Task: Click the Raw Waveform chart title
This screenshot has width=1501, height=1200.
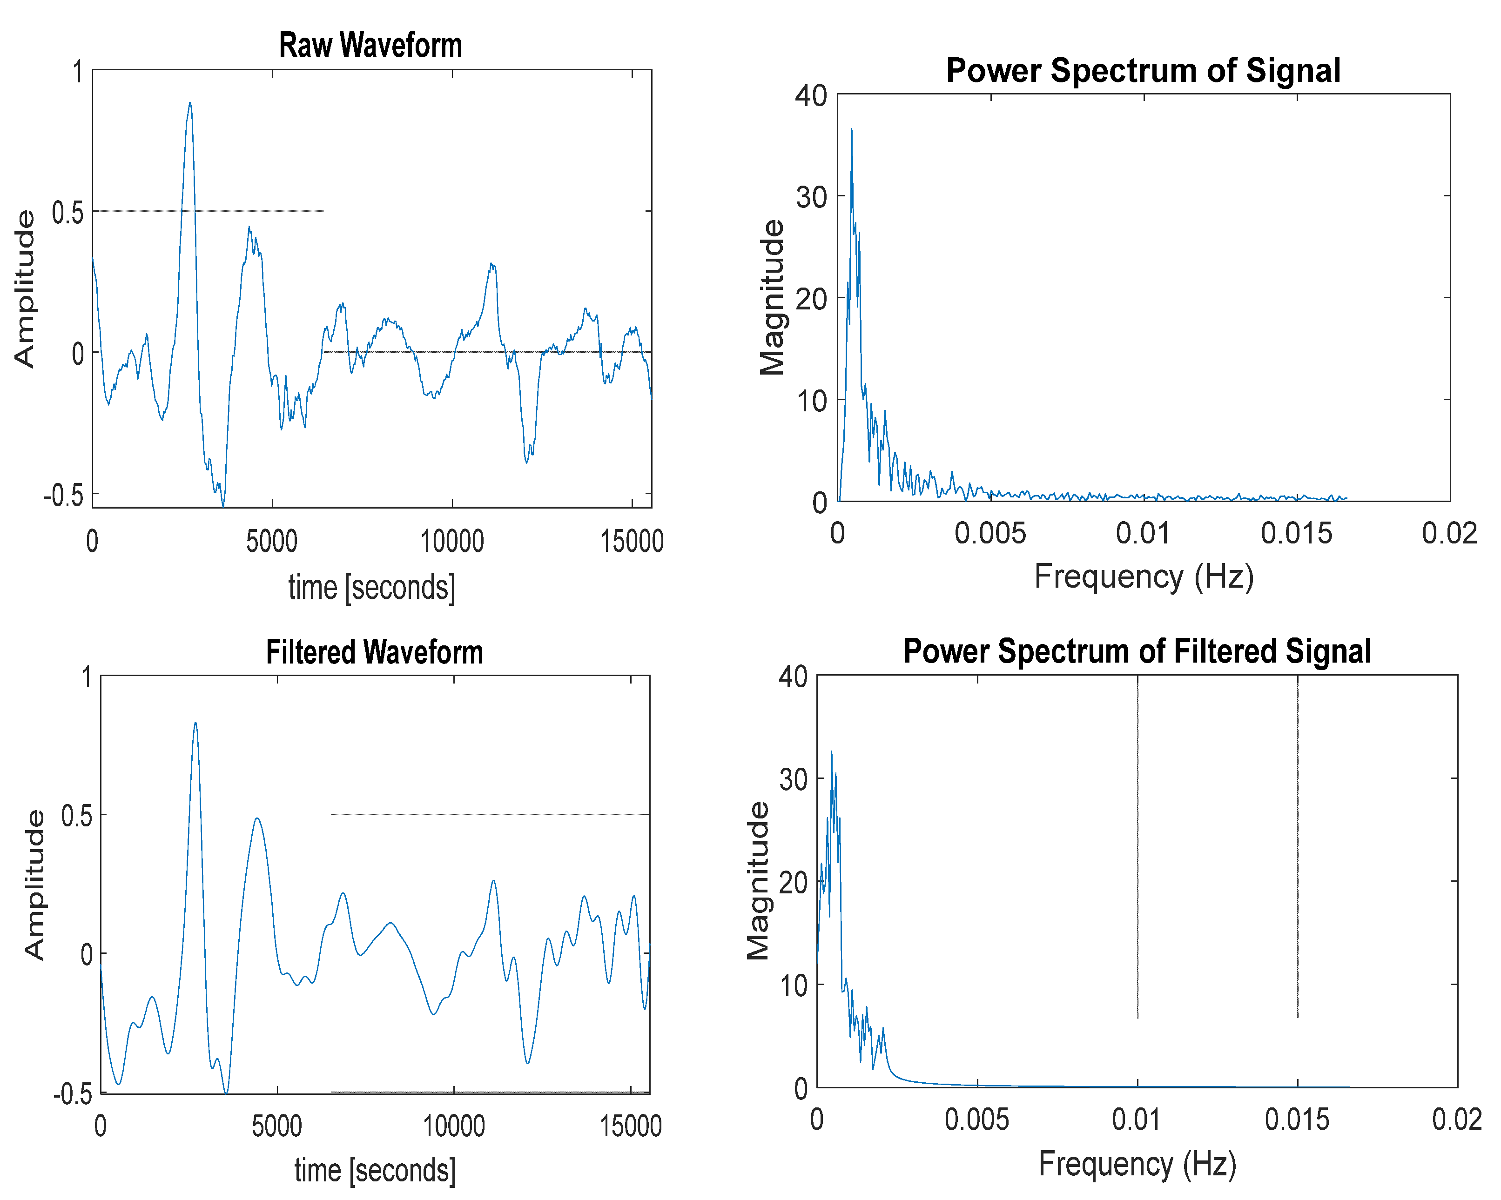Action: point(370,45)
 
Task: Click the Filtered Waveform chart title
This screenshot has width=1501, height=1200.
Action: point(375,653)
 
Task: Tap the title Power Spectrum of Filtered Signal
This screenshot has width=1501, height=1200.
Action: point(1137,651)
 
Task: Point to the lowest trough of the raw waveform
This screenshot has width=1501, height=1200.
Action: point(223,505)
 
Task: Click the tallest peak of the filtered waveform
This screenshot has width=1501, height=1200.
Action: point(195,723)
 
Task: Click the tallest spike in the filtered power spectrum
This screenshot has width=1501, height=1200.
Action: point(831,752)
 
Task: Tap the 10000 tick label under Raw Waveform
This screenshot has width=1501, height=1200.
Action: point(452,542)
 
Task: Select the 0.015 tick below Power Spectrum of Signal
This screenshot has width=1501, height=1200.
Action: point(1296,534)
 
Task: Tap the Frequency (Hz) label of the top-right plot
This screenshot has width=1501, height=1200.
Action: point(1143,577)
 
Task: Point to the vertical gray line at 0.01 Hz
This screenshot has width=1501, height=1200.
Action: point(1138,849)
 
